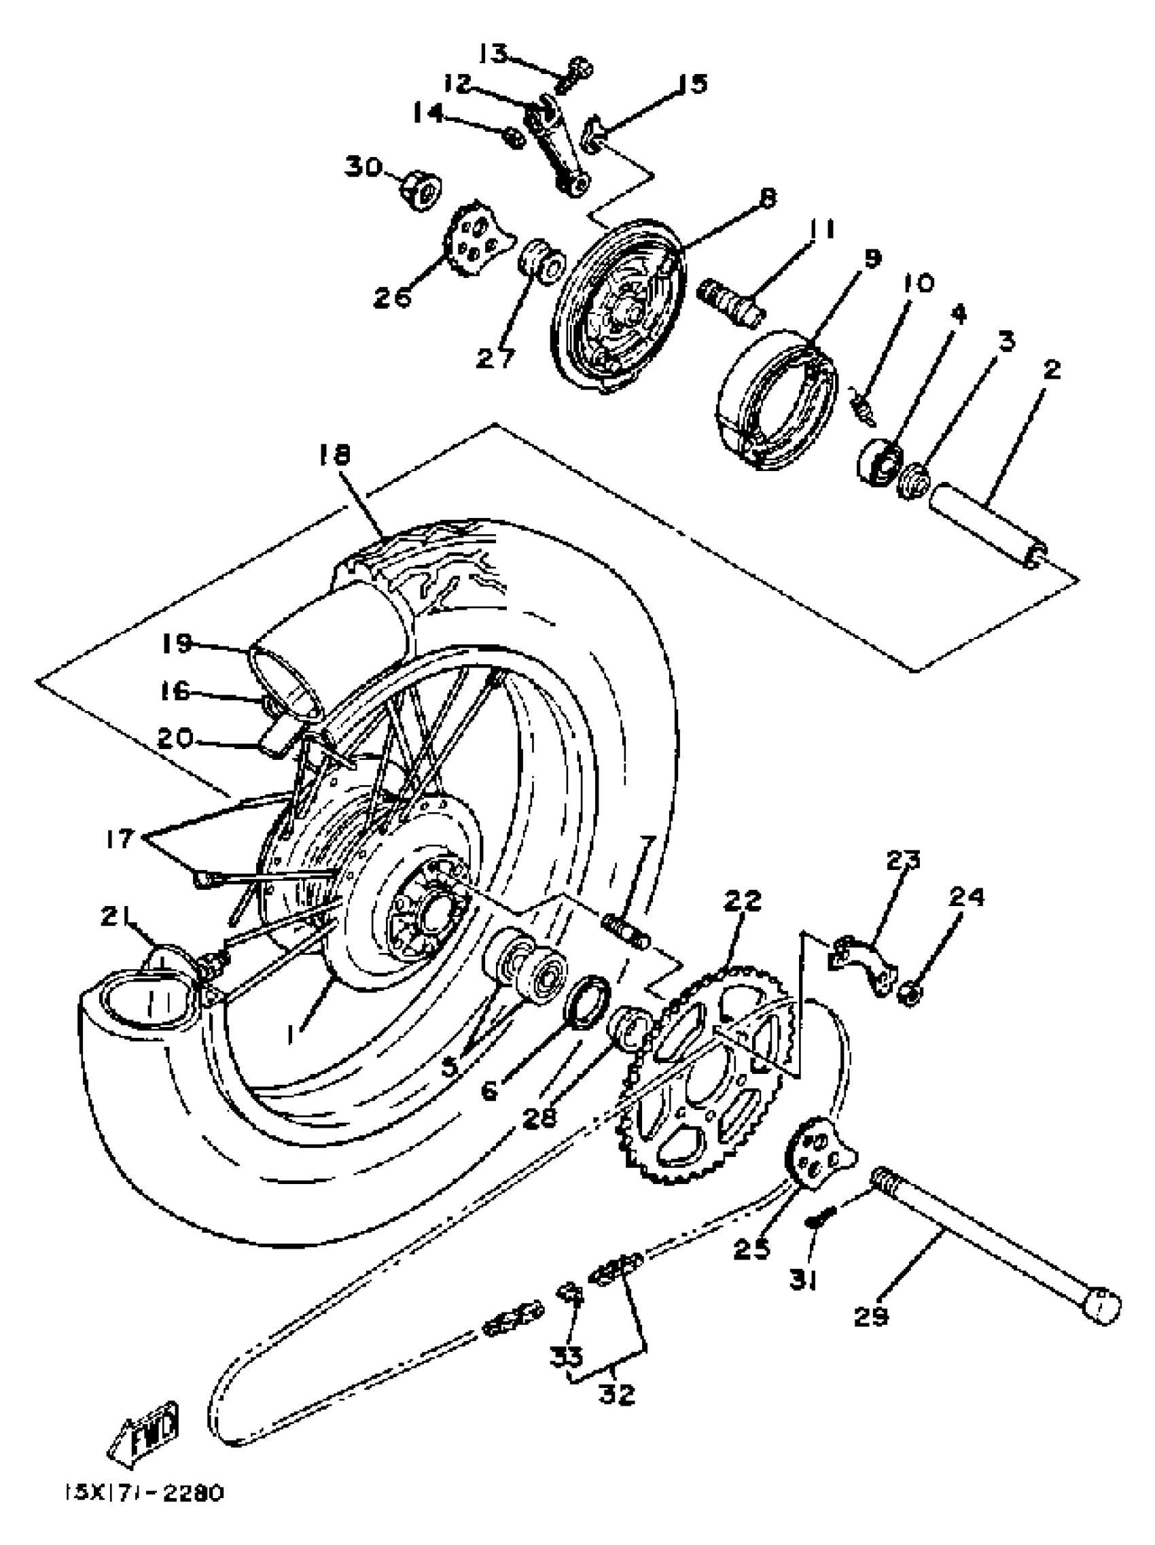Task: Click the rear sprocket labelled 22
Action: click(x=705, y=1075)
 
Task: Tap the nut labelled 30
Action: click(x=421, y=188)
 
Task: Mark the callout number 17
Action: click(x=120, y=837)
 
